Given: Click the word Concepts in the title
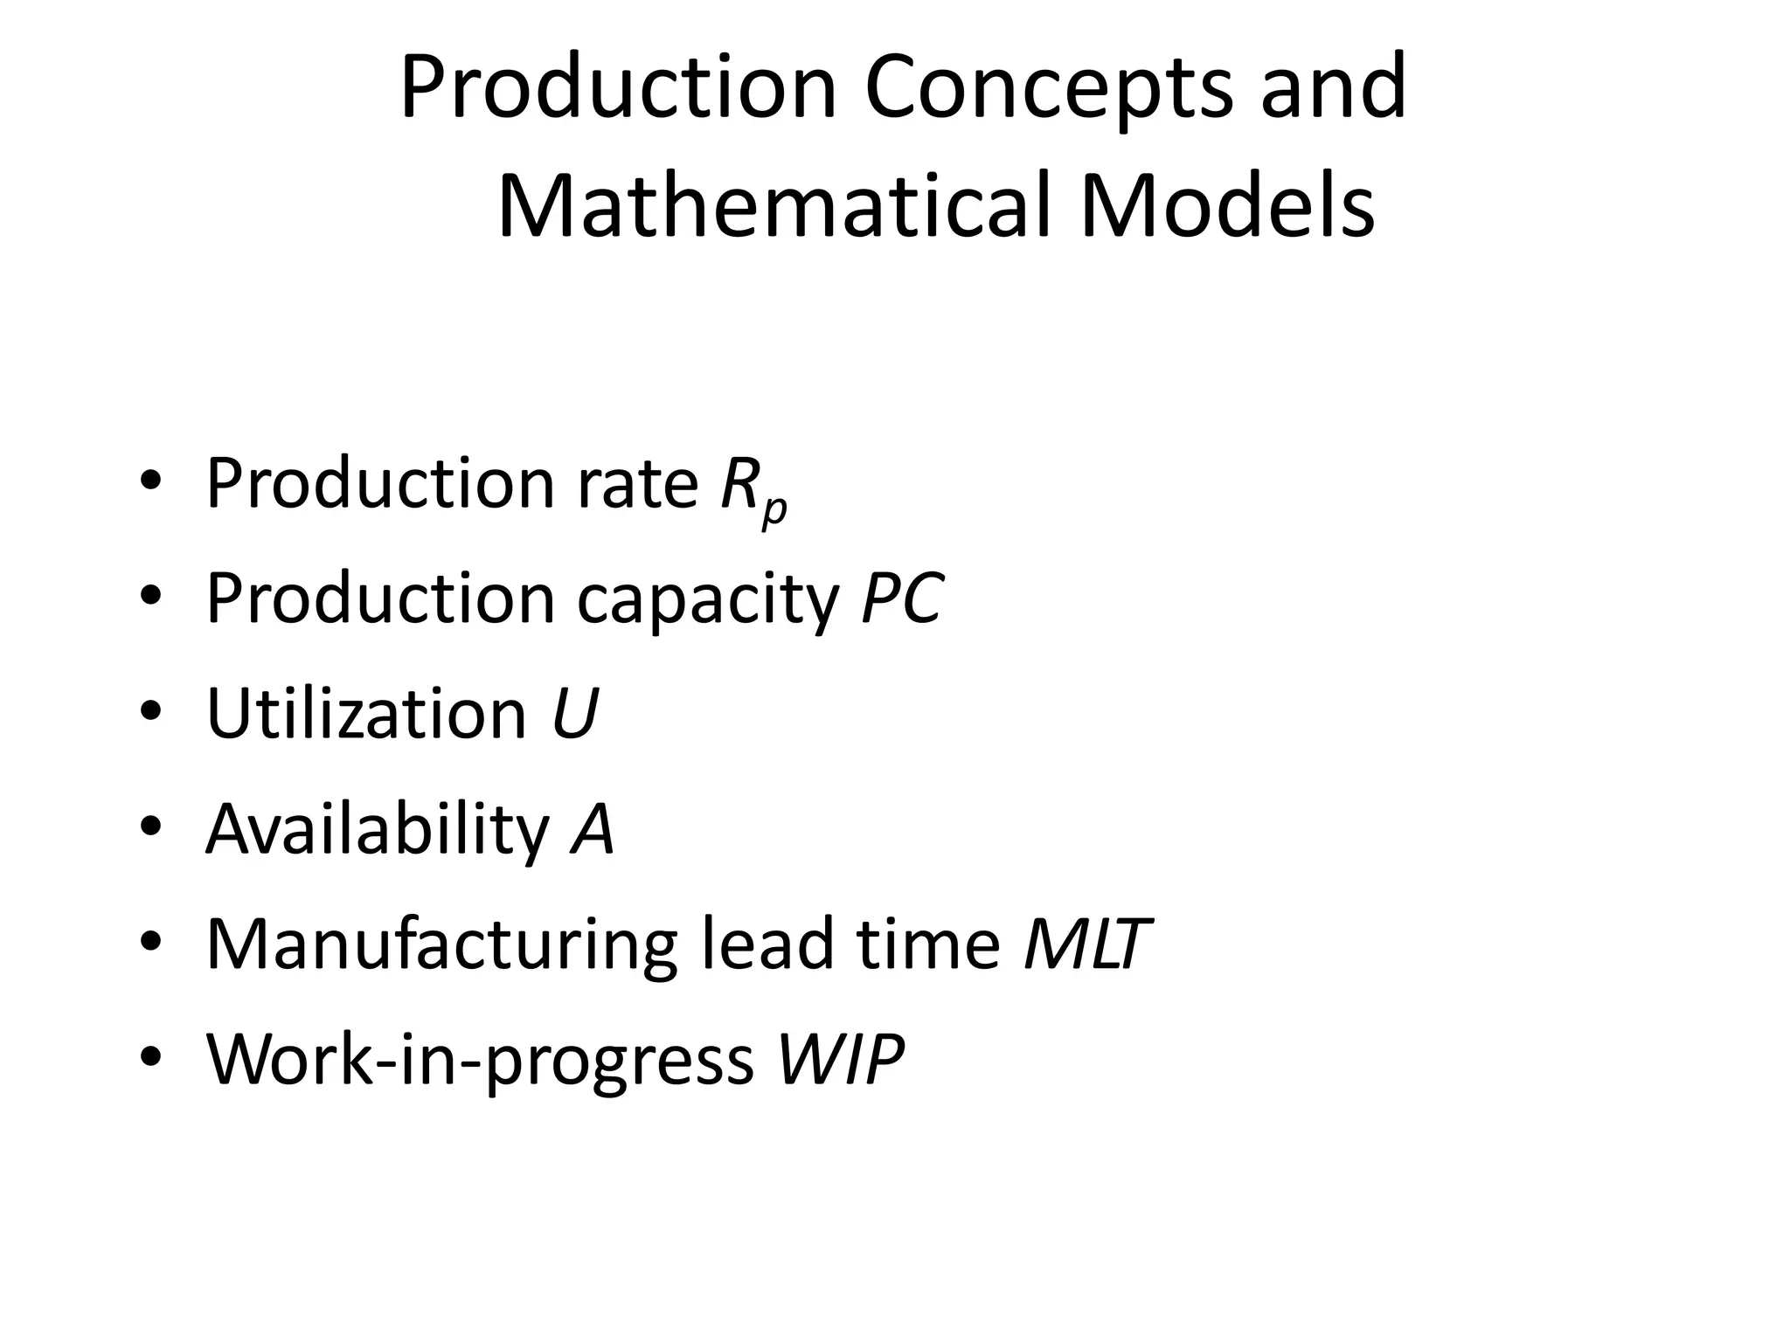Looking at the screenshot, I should [x=1049, y=87].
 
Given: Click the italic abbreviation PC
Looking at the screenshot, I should [x=901, y=599].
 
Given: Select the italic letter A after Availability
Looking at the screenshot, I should [x=593, y=829].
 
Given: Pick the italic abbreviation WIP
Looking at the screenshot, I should [x=840, y=1060].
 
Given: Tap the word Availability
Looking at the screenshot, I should [x=378, y=829].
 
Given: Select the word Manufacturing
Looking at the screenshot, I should [x=441, y=944].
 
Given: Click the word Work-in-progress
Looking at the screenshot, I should [x=480, y=1060].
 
